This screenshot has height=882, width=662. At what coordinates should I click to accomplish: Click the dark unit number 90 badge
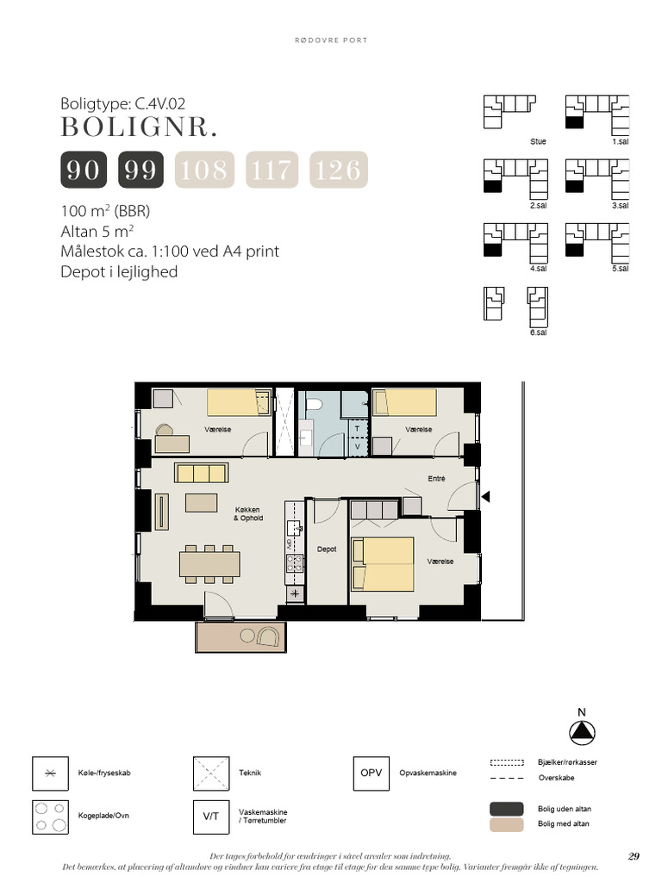click(x=84, y=170)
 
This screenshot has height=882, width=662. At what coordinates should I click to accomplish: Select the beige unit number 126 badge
click(x=338, y=170)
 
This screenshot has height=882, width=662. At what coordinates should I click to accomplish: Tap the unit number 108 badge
click(x=204, y=170)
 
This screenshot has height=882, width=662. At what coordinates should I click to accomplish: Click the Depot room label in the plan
click(x=327, y=549)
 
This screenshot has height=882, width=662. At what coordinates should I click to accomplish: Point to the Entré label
click(x=436, y=479)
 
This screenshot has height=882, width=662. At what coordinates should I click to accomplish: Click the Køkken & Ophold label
click(x=247, y=514)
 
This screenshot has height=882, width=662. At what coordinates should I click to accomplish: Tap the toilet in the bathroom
click(x=313, y=404)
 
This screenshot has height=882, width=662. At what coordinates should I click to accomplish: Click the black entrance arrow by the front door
click(x=485, y=497)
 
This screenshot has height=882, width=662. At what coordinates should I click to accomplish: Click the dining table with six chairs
click(x=209, y=563)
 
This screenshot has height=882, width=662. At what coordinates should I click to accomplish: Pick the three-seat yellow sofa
click(x=201, y=473)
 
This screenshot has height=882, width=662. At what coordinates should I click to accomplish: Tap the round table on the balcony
click(x=247, y=637)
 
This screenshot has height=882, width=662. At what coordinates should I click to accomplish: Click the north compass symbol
click(x=582, y=732)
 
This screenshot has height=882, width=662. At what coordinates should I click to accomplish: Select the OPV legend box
click(x=371, y=773)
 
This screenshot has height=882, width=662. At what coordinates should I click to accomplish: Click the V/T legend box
click(x=211, y=817)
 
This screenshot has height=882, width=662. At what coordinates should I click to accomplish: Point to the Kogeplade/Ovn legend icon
click(x=50, y=817)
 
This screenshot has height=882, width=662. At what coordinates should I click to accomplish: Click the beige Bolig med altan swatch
click(x=507, y=824)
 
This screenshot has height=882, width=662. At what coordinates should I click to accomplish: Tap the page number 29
click(x=634, y=857)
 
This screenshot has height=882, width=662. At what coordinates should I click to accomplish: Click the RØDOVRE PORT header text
click(x=331, y=40)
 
